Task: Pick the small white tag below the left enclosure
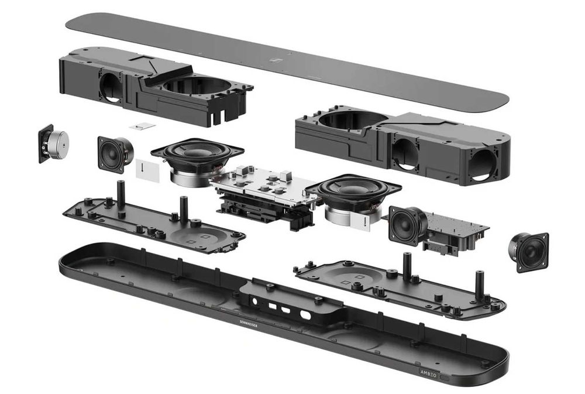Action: click(x=142, y=126)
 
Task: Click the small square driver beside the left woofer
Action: click(x=114, y=153)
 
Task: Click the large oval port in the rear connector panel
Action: click(x=304, y=314)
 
